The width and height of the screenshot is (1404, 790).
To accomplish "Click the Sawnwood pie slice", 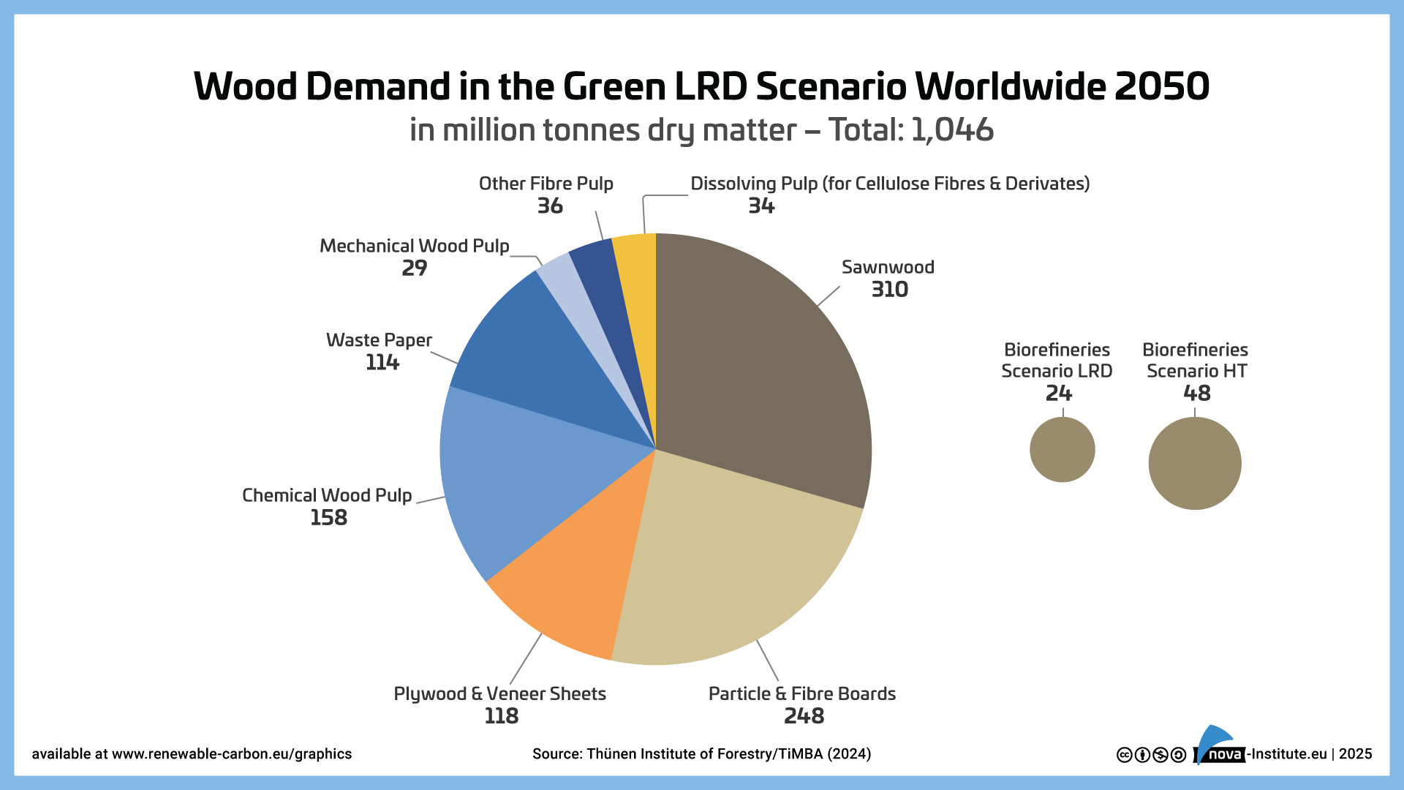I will click(760, 366).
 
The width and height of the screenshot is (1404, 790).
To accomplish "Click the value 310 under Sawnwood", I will click(889, 290).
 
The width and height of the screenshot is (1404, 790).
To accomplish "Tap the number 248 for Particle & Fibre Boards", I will click(804, 716).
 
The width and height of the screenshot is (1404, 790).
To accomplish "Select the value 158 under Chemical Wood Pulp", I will click(328, 518).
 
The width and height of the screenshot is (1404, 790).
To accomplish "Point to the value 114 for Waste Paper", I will click(382, 363).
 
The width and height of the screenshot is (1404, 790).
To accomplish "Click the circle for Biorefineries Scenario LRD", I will click(1062, 449).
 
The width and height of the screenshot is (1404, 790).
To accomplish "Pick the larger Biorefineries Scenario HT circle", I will click(1194, 463).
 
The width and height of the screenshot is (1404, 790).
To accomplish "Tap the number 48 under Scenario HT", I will click(1196, 394).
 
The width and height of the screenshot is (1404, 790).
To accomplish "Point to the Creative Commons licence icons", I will click(1151, 755).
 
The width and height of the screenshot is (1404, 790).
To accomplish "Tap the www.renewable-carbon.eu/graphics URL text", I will click(232, 754).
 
